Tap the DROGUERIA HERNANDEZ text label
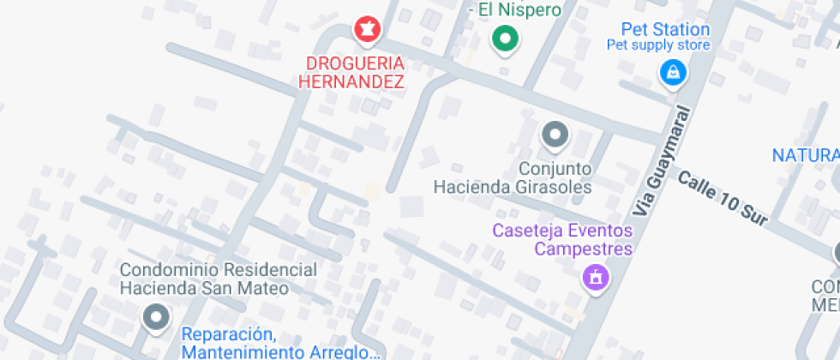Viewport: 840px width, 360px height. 351,73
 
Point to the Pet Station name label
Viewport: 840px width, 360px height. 665,30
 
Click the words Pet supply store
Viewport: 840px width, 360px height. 658,45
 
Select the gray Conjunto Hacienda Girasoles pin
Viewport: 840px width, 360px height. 555,135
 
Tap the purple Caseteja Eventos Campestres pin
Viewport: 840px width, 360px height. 594,276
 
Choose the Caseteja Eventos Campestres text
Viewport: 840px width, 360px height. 562,240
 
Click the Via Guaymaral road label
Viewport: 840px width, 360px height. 663,160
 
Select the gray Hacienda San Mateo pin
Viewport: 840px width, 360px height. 155,317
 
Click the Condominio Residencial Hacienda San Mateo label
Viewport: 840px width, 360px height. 218,279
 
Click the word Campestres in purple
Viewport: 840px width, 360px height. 584,249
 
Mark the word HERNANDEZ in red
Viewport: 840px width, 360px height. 351,82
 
